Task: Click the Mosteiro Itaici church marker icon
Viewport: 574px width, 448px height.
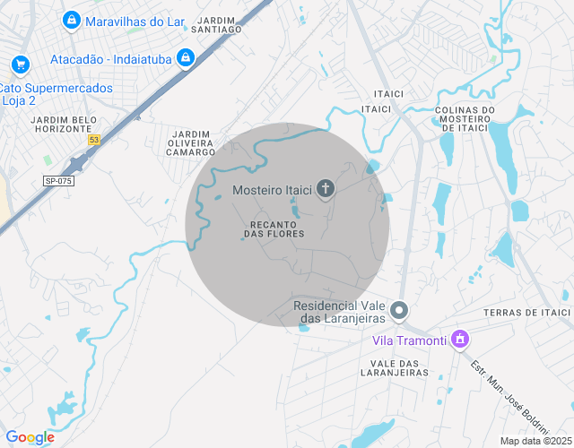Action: (x=326, y=189)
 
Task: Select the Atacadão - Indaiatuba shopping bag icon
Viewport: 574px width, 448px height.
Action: (x=186, y=58)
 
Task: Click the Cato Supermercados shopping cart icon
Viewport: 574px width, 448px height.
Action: (x=20, y=65)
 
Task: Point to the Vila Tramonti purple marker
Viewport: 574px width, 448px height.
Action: (x=460, y=340)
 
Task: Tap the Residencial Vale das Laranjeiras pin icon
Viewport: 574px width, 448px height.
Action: (x=400, y=311)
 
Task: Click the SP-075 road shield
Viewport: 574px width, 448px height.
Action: (x=58, y=181)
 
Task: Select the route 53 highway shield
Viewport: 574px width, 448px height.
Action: (x=94, y=140)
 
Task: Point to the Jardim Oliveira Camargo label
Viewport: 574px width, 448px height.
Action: (x=191, y=142)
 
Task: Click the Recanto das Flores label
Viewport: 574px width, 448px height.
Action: (x=274, y=228)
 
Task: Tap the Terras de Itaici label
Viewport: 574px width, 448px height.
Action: (x=526, y=312)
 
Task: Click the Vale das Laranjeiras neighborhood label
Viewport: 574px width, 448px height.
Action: (x=389, y=367)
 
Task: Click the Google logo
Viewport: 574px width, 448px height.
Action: (x=30, y=437)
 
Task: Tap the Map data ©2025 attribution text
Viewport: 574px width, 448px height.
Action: (x=535, y=441)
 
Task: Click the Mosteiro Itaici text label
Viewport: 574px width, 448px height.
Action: (x=273, y=189)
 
